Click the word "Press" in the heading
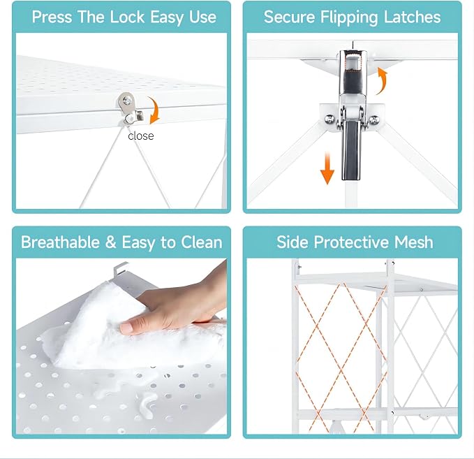[52, 17]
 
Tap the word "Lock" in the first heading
[127, 17]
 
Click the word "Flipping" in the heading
[348, 17]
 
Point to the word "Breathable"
[60, 242]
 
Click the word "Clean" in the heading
[201, 242]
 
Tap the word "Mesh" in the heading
[413, 242]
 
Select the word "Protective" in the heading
[352, 242]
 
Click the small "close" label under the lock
[140, 136]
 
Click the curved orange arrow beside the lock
[156, 110]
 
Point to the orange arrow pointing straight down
[327, 168]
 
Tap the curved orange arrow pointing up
[383, 80]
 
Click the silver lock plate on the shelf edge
[129, 108]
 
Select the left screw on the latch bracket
[329, 119]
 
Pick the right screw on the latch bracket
[374, 119]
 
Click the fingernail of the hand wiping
[127, 328]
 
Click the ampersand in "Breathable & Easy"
[110, 242]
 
